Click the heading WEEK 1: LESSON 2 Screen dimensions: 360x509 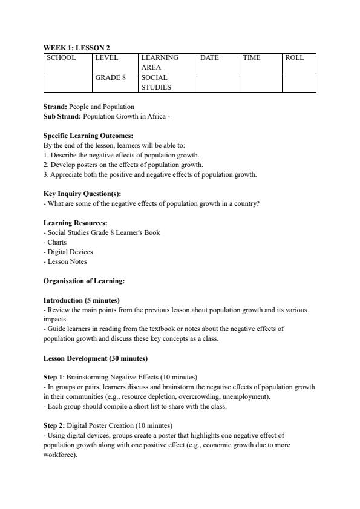[x=76, y=47]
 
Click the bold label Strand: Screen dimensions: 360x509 [x=56, y=107]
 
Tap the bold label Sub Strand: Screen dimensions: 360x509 [x=62, y=116]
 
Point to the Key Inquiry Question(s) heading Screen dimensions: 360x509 [x=82, y=194]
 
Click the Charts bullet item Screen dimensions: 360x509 [x=56, y=242]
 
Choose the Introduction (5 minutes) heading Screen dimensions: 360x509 [x=81, y=300]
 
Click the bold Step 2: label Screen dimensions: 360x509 [x=54, y=425]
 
